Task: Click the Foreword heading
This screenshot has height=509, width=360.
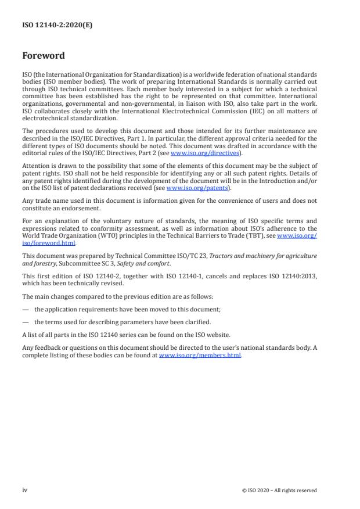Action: click(x=44, y=56)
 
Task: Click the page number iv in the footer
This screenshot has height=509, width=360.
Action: click(x=25, y=490)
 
